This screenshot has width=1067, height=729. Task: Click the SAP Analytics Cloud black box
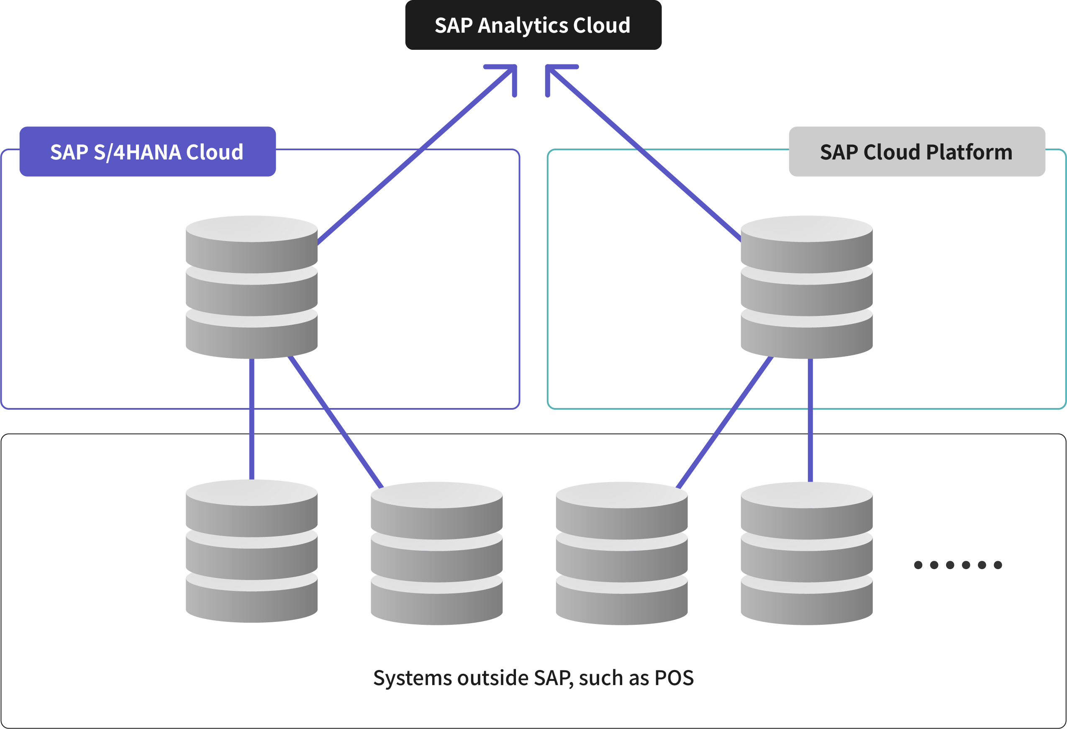click(x=533, y=25)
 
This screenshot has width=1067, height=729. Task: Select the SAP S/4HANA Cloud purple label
click(x=147, y=151)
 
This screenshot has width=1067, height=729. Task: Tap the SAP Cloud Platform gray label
click(x=917, y=151)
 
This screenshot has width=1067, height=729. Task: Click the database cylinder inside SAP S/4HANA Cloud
click(x=251, y=287)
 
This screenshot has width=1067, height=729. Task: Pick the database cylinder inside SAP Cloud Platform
click(x=807, y=287)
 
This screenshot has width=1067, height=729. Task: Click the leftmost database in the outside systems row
click(x=251, y=551)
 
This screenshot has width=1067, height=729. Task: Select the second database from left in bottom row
click(x=436, y=553)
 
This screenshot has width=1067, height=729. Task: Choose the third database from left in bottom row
click(x=622, y=553)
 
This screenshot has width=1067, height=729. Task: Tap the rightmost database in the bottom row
click(x=807, y=553)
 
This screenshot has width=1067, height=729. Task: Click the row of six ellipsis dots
click(x=958, y=565)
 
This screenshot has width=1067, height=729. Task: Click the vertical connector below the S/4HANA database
click(x=251, y=418)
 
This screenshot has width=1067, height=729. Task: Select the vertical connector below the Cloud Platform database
click(x=811, y=420)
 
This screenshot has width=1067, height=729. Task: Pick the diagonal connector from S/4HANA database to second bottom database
click(x=335, y=421)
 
